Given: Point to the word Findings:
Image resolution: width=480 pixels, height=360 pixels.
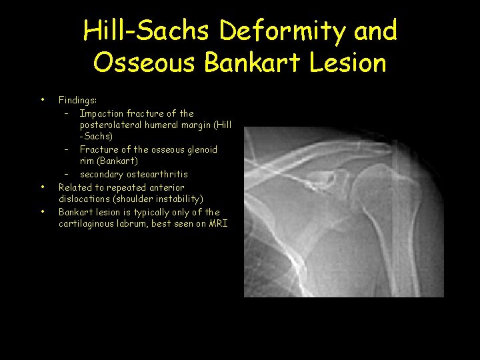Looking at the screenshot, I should coord(77,100).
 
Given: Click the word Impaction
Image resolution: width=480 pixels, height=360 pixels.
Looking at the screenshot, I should coord(103,113).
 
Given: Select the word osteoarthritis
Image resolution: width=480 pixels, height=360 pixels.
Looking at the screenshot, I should coord(155,175).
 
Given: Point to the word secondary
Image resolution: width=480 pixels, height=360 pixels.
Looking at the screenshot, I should coord(100,175).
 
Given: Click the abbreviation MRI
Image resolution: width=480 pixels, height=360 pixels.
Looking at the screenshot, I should coord(218,224).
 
